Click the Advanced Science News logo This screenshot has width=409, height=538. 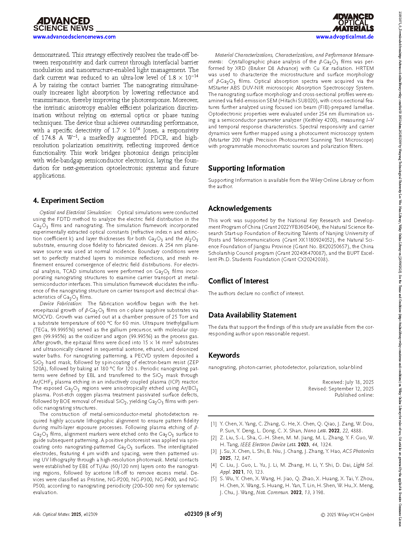(63, 24)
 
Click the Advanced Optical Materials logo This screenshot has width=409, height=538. (353, 22)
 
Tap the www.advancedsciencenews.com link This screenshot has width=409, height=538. (74, 37)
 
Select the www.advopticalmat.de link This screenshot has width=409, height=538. (345, 37)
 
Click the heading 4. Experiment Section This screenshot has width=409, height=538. (68, 201)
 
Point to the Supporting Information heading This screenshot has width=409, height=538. (246, 168)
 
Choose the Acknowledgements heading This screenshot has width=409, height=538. (240, 209)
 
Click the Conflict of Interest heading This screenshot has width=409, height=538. (238, 281)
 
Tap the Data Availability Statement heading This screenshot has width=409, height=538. (252, 315)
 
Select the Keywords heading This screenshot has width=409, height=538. (224, 355)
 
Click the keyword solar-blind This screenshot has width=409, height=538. (350, 367)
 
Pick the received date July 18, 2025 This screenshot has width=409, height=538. (359, 382)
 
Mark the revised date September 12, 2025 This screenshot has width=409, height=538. (351, 389)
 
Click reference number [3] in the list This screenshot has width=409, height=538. (214, 451)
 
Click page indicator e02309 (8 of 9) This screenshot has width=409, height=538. (203, 514)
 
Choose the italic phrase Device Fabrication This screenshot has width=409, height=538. (60, 304)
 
